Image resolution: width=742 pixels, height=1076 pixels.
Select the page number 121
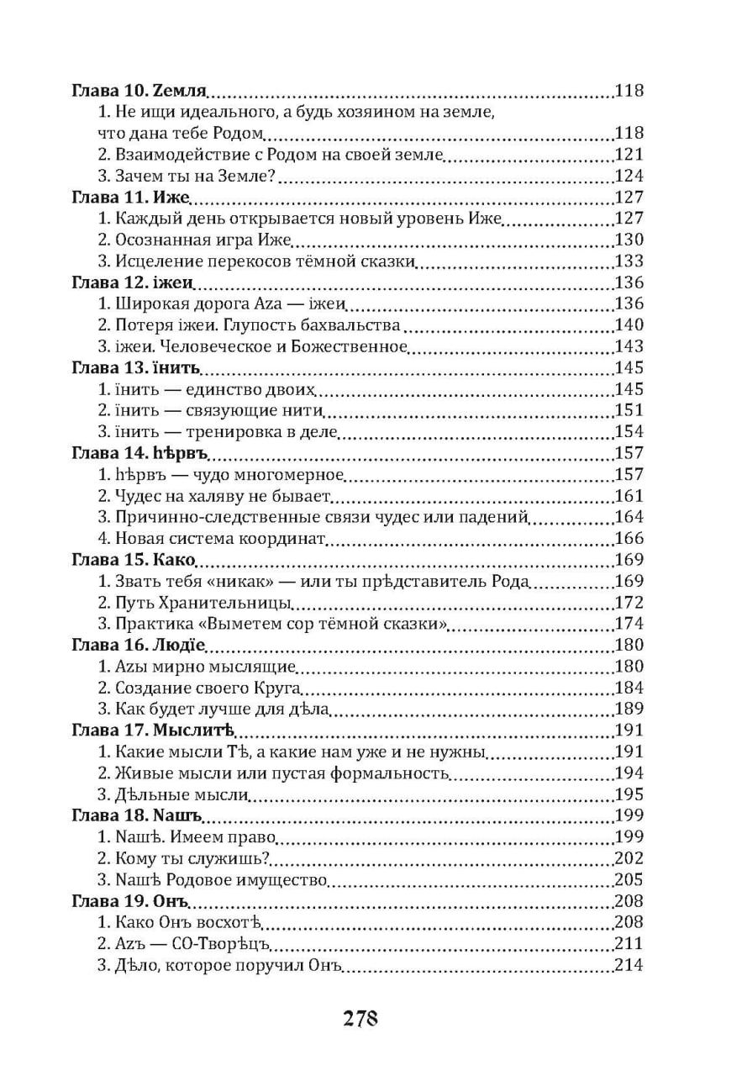click(x=629, y=154)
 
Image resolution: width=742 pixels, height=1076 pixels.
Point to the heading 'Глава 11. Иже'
click(x=131, y=198)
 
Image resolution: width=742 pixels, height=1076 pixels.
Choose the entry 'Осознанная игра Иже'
click(x=193, y=240)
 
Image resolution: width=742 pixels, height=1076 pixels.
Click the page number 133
click(x=629, y=261)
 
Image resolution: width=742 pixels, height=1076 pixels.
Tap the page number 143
click(x=629, y=346)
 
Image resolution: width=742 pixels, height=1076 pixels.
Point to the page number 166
click(x=629, y=539)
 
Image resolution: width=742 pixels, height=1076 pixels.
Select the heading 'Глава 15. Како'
click(x=134, y=560)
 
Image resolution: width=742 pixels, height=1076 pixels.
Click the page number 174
click(x=629, y=624)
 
